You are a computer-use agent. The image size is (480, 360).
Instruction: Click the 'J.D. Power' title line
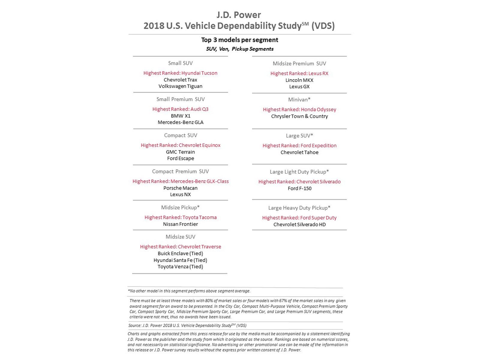(x=239, y=15)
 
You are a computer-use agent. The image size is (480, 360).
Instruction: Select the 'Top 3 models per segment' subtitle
(x=239, y=40)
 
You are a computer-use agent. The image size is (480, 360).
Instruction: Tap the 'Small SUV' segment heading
(x=180, y=63)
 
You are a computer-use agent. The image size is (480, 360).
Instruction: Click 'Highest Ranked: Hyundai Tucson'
(x=180, y=73)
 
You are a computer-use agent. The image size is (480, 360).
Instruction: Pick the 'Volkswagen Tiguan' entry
(x=180, y=86)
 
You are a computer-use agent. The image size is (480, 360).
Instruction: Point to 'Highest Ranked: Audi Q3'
(x=180, y=109)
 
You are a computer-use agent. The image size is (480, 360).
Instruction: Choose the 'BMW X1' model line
(x=180, y=116)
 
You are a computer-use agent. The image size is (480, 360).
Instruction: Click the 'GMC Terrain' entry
(x=180, y=152)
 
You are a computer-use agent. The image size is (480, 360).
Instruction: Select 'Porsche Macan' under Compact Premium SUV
(x=180, y=188)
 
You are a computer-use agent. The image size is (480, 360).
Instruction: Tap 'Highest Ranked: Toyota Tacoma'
(x=180, y=217)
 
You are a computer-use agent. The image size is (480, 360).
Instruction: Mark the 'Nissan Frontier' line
(x=180, y=224)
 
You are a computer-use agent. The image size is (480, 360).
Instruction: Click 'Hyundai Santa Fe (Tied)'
(x=180, y=260)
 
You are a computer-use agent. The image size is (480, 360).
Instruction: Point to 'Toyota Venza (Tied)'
(x=180, y=266)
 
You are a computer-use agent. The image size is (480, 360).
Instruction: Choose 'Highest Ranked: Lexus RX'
(x=299, y=73)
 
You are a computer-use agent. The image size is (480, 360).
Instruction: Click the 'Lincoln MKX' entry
(x=299, y=80)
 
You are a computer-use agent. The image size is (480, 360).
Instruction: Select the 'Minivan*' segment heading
(x=299, y=99)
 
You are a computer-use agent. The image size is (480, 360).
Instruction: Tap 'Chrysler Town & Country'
(x=299, y=116)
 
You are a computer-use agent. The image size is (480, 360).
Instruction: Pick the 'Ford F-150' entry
(x=299, y=188)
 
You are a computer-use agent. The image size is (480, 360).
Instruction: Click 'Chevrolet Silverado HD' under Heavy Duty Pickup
(x=299, y=224)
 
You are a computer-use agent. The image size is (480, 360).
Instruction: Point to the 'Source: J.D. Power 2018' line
(x=187, y=325)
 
